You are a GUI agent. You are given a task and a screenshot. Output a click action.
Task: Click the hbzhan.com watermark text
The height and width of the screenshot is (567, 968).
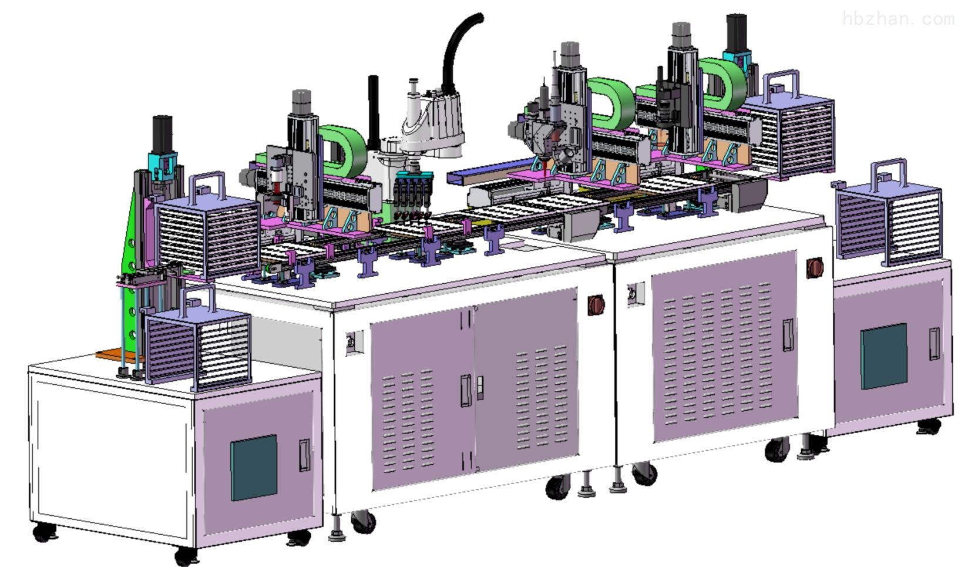(899, 19)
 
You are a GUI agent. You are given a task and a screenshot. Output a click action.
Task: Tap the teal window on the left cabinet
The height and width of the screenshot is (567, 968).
(254, 468)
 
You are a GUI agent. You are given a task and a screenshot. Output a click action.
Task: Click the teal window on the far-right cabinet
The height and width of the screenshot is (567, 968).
(884, 357)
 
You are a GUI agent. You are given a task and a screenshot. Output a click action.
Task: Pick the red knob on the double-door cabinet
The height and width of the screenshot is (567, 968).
(596, 305)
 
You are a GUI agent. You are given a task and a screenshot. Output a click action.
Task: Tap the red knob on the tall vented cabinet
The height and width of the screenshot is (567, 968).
(815, 267)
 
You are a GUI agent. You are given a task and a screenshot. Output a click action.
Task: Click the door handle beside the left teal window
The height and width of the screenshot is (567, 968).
(305, 455)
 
